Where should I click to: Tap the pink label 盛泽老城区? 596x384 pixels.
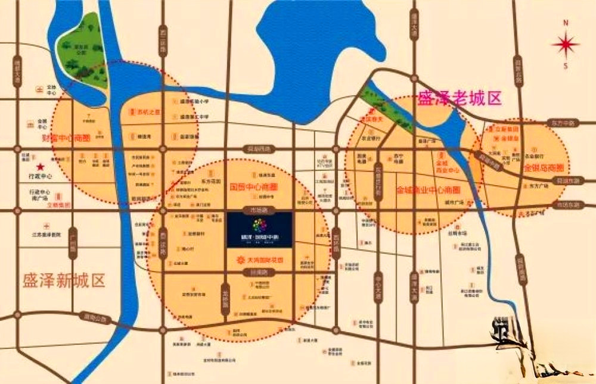(x=460, y=98)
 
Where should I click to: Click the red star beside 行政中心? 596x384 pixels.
(x=41, y=167)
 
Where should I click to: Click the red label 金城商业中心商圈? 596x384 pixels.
(x=429, y=190)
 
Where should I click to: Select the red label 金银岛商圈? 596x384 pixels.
(x=541, y=168)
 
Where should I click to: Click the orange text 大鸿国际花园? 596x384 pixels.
(x=259, y=260)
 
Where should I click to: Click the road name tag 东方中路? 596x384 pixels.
(x=563, y=123)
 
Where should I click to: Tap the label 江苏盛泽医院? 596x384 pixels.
(x=46, y=235)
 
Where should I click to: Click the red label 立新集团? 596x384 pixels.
(x=508, y=129)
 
